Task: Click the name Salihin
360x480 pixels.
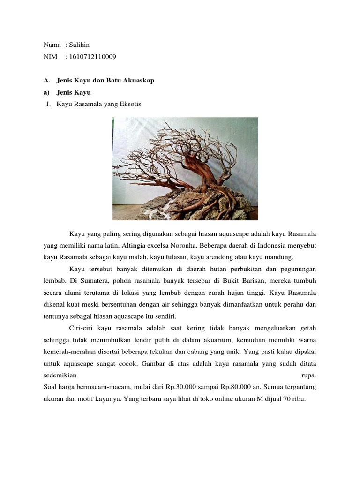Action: pos(79,45)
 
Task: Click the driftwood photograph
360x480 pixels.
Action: pos(185,169)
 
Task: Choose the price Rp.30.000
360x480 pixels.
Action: pos(179,387)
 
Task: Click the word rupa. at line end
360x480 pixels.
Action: pos(308,375)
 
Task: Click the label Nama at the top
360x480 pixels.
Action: pos(52,45)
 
